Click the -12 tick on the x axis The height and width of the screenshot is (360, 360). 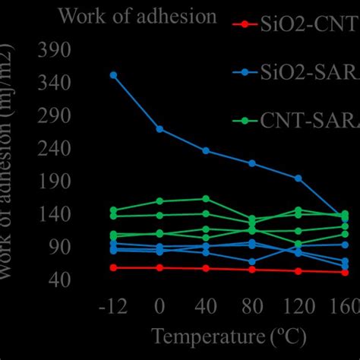click(112, 308)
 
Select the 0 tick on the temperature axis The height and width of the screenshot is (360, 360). click(159, 308)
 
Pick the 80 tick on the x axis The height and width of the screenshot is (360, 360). click(251, 308)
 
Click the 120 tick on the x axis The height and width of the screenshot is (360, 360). click(298, 308)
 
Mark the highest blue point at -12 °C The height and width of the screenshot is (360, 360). click(113, 75)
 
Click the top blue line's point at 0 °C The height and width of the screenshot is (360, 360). click(159, 129)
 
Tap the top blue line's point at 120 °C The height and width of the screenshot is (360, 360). click(298, 178)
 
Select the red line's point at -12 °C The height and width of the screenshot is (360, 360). click(113, 267)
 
